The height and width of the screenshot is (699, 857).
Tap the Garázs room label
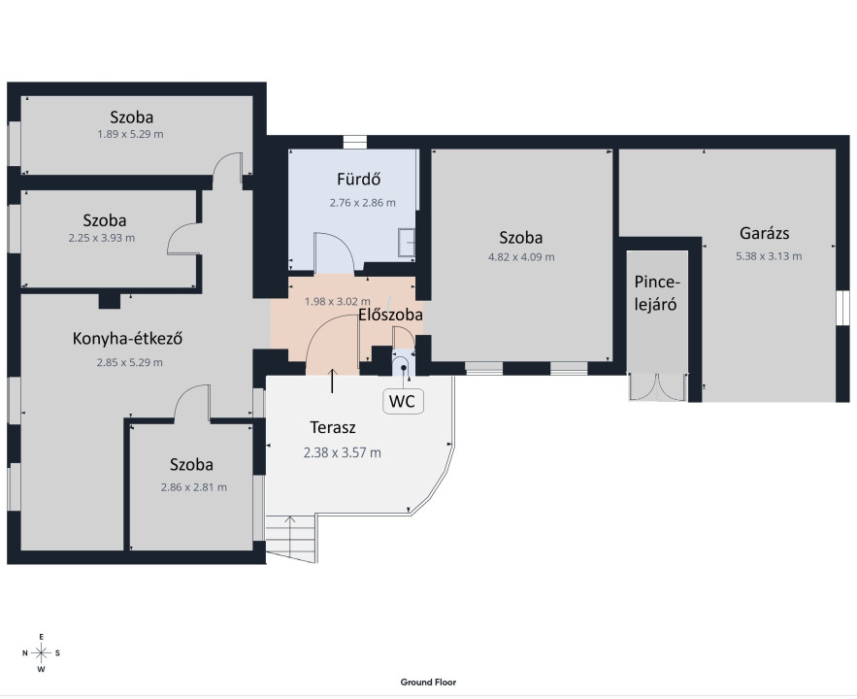tap(764, 233)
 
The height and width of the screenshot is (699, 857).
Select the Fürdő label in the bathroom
tap(358, 179)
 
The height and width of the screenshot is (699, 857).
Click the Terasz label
tap(333, 427)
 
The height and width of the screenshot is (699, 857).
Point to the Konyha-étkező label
tap(127, 338)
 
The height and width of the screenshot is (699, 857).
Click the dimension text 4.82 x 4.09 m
tap(521, 257)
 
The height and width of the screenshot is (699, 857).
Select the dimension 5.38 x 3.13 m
tap(769, 255)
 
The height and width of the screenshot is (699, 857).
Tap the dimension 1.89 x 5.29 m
tap(130, 134)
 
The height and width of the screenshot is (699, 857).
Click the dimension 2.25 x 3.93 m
tap(102, 238)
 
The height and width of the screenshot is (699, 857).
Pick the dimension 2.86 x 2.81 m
tap(193, 487)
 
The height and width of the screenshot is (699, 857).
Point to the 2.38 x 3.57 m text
tap(343, 452)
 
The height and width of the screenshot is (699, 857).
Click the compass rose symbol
tap(41, 652)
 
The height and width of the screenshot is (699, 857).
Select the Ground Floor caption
tap(428, 682)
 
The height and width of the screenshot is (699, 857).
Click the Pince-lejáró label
tap(656, 293)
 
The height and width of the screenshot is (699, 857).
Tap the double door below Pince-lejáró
tap(657, 387)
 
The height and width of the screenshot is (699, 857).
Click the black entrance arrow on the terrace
tap(332, 381)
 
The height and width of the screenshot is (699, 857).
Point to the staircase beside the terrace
tap(291, 538)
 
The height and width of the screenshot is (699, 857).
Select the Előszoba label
tap(390, 315)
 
